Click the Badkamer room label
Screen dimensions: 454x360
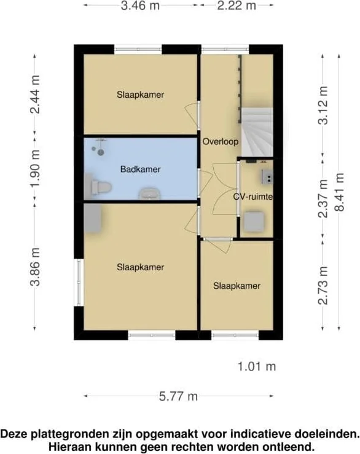(141, 169)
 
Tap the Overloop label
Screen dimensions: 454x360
(216, 141)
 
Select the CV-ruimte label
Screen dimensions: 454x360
(253, 197)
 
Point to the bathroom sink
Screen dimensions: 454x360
(149, 195)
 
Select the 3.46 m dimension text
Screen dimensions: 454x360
(140, 7)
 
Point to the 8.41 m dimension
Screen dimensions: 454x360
(339, 192)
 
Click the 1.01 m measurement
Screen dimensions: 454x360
(257, 367)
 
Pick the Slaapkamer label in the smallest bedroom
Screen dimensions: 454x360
(237, 286)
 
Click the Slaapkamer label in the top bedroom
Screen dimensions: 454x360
(141, 95)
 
